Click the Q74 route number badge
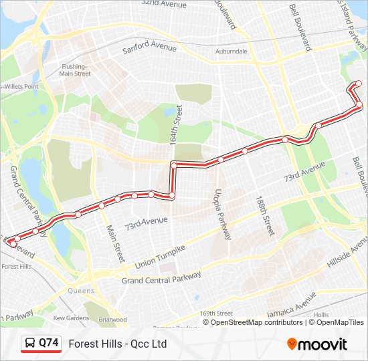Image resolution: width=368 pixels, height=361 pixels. pyautogui.click(x=41, y=344)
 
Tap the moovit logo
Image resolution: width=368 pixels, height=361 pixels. pyautogui.click(x=317, y=344)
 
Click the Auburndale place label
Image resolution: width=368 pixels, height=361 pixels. pyautogui.click(x=232, y=51)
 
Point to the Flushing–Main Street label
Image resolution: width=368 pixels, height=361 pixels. pyautogui.click(x=74, y=70)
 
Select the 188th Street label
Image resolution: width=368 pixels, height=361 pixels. pyautogui.click(x=265, y=215)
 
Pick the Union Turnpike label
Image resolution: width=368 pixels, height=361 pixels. pyautogui.click(x=159, y=255)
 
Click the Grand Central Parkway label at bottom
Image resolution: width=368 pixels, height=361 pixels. pyautogui.click(x=161, y=277)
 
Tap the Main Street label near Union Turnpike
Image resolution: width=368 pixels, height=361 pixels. pyautogui.click(x=116, y=241)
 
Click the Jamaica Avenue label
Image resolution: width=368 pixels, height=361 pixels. pyautogui.click(x=291, y=305)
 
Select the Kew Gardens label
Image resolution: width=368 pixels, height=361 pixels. pyautogui.click(x=71, y=318)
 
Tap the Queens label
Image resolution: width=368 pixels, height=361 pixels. pyautogui.click(x=81, y=291)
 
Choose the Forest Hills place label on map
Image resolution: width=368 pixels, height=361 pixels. pyautogui.click(x=16, y=266)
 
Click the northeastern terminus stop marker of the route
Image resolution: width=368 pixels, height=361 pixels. pyautogui.click(x=358, y=83)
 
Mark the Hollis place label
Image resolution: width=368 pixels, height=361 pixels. pyautogui.click(x=321, y=314)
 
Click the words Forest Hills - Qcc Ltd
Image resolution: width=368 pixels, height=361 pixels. pyautogui.click(x=118, y=344)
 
